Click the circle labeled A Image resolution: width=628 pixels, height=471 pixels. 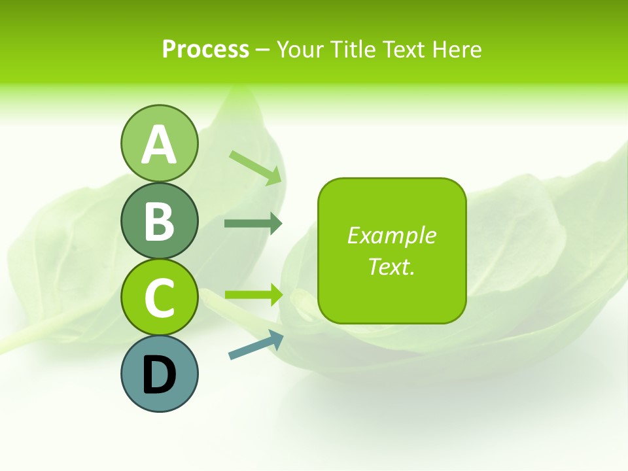point(159,143)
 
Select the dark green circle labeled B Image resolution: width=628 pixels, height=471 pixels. point(159,220)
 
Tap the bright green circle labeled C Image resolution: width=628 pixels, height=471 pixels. point(159,298)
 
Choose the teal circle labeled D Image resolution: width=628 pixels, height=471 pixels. point(159,374)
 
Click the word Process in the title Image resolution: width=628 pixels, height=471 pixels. point(205,49)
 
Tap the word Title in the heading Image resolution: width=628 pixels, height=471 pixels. point(353,49)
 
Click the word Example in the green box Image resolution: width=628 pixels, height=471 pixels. point(391,235)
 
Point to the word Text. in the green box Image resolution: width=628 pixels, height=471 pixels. point(391,266)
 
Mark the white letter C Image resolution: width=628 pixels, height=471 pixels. point(159,298)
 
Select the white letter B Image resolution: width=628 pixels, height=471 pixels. point(159,221)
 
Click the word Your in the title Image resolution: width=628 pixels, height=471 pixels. point(300,49)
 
